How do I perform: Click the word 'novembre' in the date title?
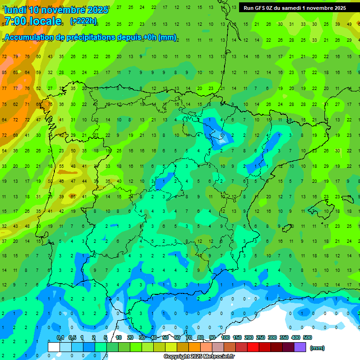click(x=63, y=10)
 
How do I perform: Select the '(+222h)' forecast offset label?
click(x=83, y=21)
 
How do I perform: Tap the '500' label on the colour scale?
click(x=307, y=337)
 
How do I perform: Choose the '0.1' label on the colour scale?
click(x=60, y=337)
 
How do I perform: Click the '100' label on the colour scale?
click(x=225, y=337)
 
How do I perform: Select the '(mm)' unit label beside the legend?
click(x=317, y=348)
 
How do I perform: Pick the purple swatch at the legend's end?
click(x=300, y=347)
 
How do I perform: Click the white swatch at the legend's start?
click(x=54, y=347)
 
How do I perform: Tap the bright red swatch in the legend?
click(x=253, y=347)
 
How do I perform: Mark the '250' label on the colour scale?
click(x=261, y=337)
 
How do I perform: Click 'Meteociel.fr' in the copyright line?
click(x=219, y=357)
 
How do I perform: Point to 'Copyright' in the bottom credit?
click(x=177, y=357)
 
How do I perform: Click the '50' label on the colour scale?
click(x=165, y=337)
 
